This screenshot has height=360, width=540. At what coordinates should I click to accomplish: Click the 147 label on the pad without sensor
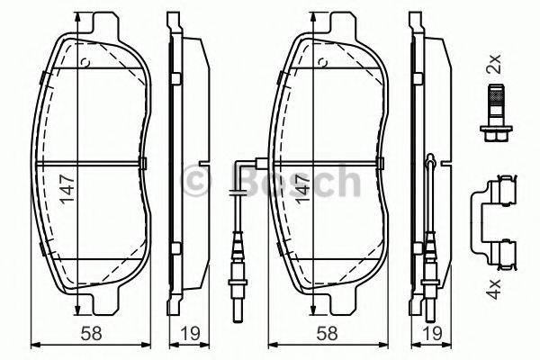tap(64, 190)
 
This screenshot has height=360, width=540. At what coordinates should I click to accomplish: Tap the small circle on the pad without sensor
tap(84, 62)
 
